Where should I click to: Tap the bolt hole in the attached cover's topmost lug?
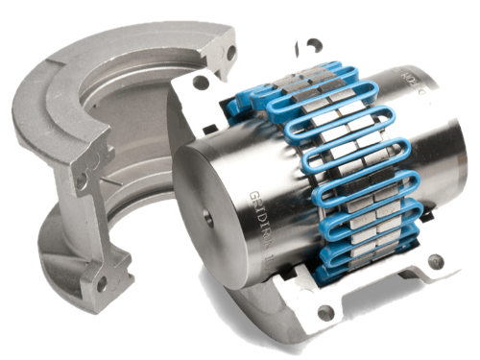pyautogui.click(x=314, y=45)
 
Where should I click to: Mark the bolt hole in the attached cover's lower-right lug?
pyautogui.click(x=435, y=261)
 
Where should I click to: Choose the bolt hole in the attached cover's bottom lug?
pyautogui.click(x=324, y=310)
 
